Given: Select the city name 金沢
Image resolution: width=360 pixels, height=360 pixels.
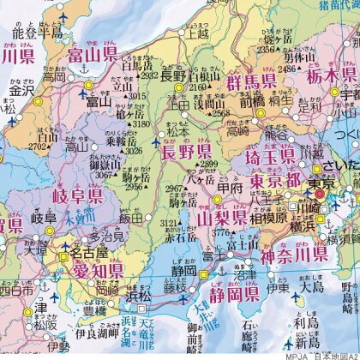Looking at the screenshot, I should coord(22,89).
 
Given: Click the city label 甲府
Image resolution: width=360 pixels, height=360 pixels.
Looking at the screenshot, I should coord(228,189).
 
